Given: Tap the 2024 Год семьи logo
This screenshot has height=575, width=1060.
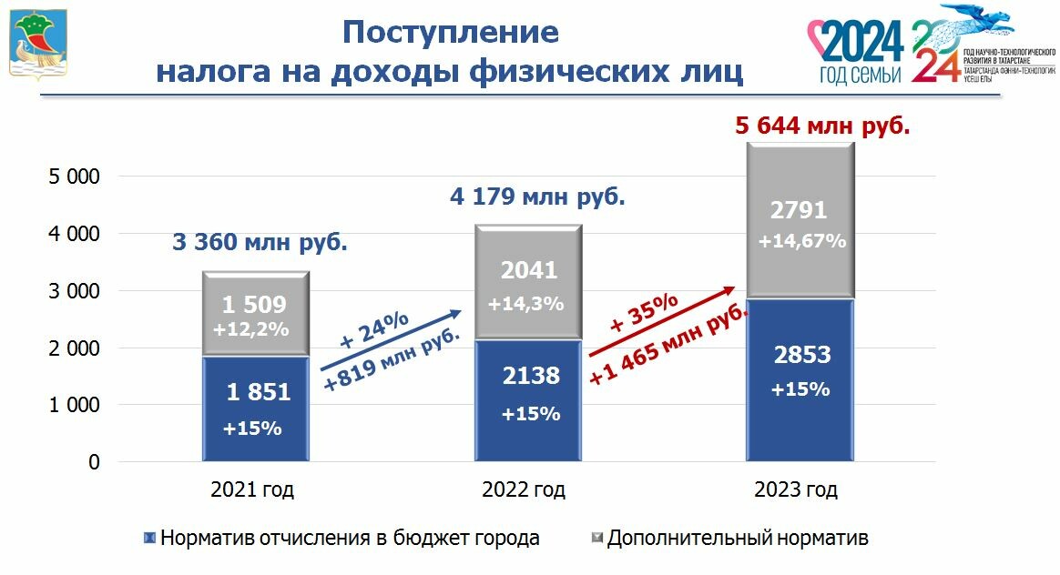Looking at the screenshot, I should coord(860,51).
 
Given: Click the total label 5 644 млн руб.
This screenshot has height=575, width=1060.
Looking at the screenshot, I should coord(822,125).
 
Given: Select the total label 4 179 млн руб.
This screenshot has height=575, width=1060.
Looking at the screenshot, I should coord(538,197).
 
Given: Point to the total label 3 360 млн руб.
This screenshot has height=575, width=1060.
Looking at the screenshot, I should coord(260,243).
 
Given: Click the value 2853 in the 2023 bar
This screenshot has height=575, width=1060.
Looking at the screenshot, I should coord(802,356).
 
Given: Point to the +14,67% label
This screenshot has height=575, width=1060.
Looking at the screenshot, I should coord(802,241).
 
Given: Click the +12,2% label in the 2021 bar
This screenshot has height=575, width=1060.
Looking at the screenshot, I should coord(250,329).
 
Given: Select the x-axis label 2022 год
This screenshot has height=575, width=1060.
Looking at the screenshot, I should coord(524,490).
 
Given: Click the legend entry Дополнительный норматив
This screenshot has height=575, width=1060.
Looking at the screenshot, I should coord(737,538).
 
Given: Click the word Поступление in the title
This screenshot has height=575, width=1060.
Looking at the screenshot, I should coord(450,33).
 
